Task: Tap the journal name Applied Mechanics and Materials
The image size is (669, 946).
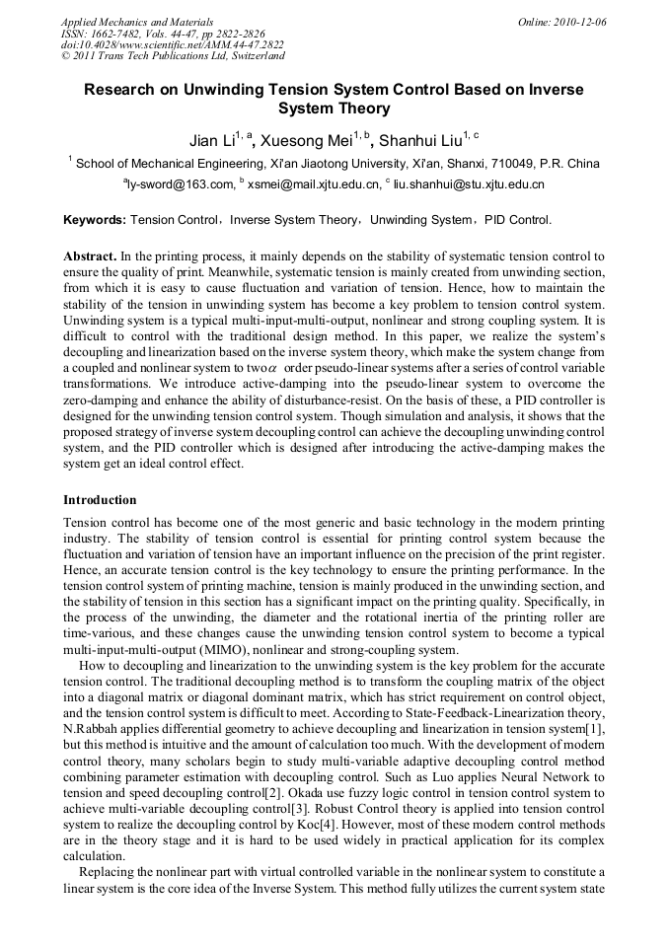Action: (137, 22)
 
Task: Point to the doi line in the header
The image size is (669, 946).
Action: (172, 45)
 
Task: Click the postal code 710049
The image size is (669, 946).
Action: (508, 163)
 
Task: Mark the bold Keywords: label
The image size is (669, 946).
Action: (95, 220)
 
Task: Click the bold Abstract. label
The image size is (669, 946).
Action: (92, 256)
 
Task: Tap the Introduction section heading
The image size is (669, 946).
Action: (100, 500)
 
